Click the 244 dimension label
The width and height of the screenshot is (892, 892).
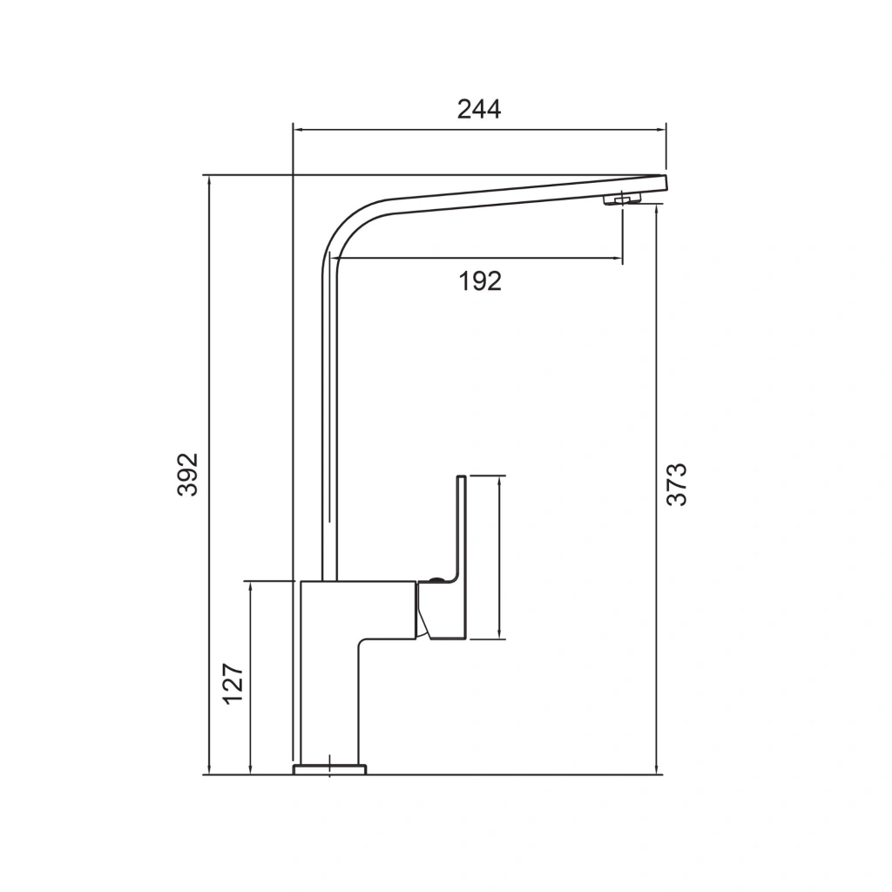click(479, 109)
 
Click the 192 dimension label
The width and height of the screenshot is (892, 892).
click(480, 281)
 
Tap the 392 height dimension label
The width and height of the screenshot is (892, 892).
click(187, 475)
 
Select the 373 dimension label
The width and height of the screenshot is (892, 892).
click(677, 484)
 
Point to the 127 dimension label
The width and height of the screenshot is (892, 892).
click(233, 684)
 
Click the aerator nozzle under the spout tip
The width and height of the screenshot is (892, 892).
click(622, 199)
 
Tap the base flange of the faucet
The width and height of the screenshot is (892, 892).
click(329, 769)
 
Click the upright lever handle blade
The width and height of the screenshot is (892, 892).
click(461, 526)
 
